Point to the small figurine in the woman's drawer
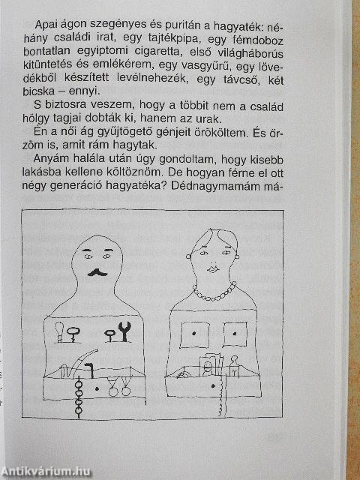pos(233,367)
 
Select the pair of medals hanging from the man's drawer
pos(117,389)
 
